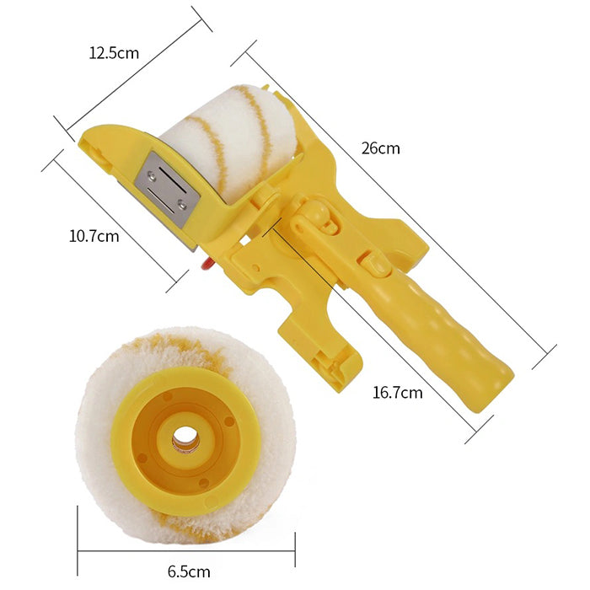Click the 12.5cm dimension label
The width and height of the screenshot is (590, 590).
coord(114,53)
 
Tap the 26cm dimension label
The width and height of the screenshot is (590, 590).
coord(380,148)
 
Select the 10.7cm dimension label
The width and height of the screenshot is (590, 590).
coord(94,236)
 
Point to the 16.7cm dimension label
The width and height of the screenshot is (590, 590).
coord(397,393)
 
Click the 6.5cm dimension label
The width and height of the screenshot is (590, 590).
coord(189,571)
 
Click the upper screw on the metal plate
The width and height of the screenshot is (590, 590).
coord(152,174)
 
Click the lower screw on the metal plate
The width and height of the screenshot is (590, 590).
coord(183,204)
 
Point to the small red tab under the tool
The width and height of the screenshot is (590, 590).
coord(206,264)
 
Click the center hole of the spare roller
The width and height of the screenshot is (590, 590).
coord(185,437)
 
